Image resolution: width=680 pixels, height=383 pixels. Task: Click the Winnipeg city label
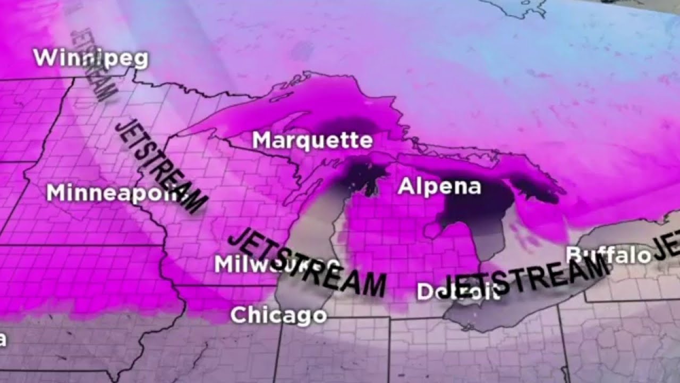(90, 58)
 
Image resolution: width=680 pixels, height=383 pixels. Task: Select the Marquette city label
(312, 141)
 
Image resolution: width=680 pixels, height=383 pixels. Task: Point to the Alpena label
(439, 187)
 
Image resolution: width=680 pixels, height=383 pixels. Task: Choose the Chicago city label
(278, 315)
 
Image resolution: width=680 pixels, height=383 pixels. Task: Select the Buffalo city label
(608, 255)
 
